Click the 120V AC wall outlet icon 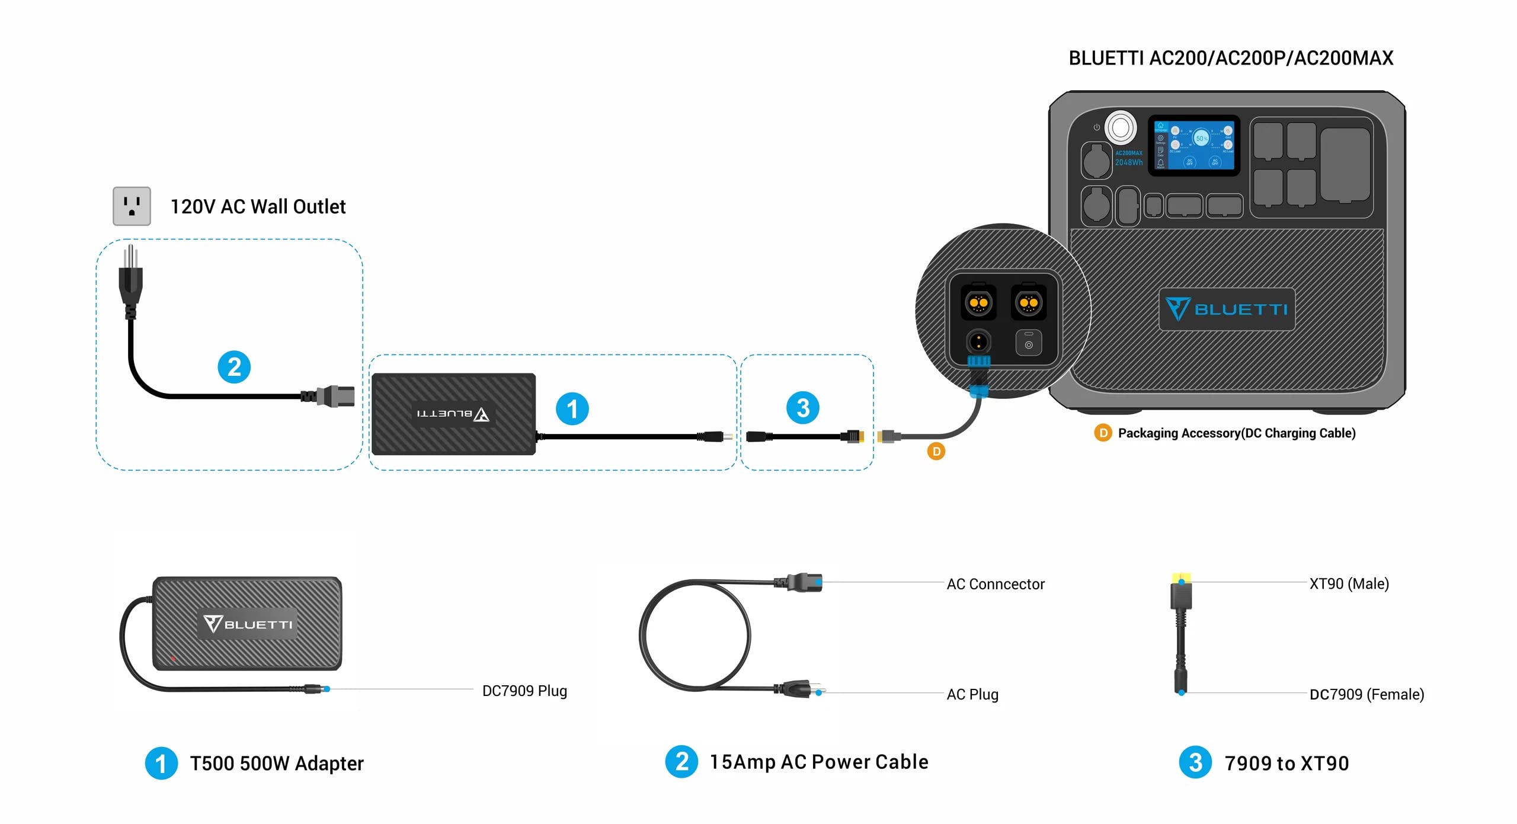click(132, 206)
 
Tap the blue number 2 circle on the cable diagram click(234, 367)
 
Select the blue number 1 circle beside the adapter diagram click(572, 408)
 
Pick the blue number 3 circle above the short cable click(802, 408)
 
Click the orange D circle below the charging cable click(936, 452)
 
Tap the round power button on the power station click(1120, 127)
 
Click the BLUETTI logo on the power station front click(1227, 309)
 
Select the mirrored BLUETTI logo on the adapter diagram click(453, 414)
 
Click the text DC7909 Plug click(524, 691)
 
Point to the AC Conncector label click(995, 584)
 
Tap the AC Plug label click(972, 694)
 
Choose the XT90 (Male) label click(1349, 583)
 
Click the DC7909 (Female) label click(1366, 694)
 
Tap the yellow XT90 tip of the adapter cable click(1181, 577)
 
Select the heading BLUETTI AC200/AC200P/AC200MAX click(1230, 58)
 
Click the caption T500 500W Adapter click(276, 763)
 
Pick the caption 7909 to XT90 click(1286, 763)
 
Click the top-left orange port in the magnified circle click(978, 303)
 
